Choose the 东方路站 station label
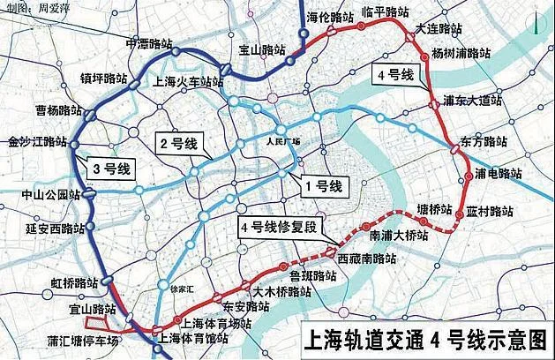click(484, 142)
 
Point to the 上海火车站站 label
click(188, 81)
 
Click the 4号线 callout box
click(394, 74)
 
